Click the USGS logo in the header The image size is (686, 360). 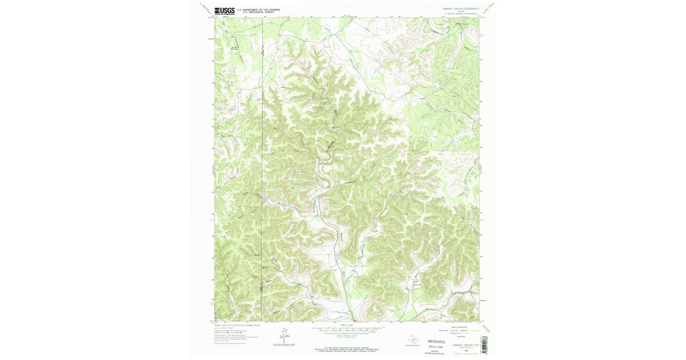tap(224, 10)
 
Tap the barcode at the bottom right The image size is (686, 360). tap(485, 343)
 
